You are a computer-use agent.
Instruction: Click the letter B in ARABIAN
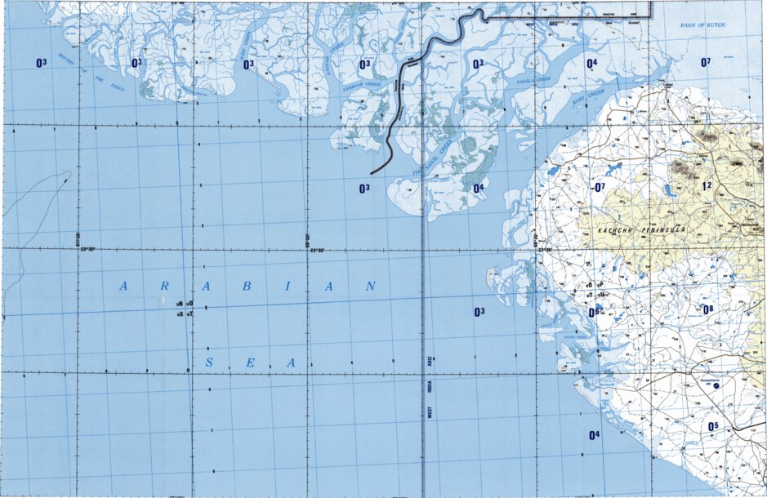point(249,287)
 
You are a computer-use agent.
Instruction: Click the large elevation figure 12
point(707,187)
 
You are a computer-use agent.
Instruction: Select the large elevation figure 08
point(708,309)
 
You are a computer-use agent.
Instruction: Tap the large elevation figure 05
point(712,426)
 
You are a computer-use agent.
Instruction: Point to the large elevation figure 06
point(594,312)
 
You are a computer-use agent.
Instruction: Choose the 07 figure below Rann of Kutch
point(706,62)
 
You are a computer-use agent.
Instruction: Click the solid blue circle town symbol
point(716,386)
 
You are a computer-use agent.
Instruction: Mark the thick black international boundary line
point(399,98)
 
